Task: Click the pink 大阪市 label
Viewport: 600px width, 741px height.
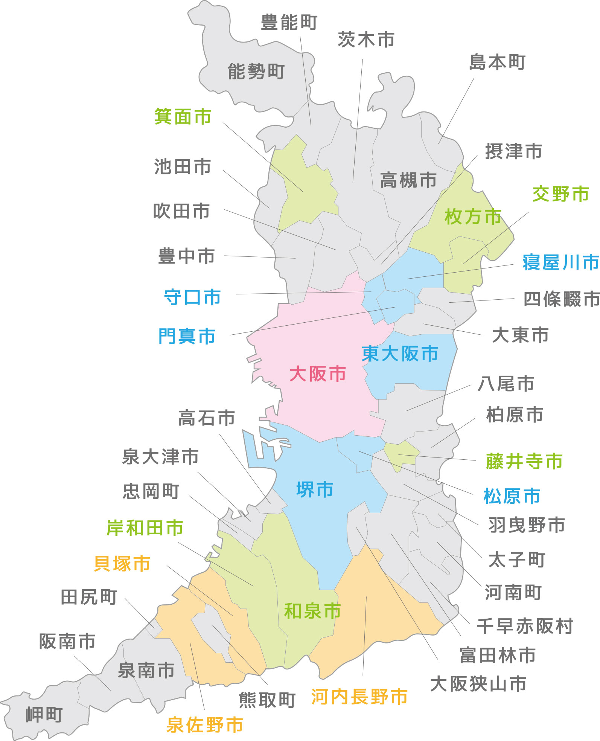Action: tap(317, 374)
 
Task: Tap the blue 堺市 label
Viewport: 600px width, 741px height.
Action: tap(315, 489)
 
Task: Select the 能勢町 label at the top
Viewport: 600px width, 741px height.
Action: tap(256, 72)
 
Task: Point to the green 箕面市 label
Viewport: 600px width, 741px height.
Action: tap(183, 117)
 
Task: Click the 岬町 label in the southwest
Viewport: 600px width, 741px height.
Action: tap(44, 714)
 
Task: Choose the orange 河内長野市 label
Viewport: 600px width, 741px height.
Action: tap(359, 697)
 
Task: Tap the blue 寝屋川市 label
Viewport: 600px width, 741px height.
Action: tap(560, 262)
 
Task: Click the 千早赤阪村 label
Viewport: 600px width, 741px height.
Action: tap(525, 626)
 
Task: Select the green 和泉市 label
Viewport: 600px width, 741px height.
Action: tap(312, 611)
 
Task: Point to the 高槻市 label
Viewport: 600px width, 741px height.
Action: tap(408, 180)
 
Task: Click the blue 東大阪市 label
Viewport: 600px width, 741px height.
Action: tap(400, 354)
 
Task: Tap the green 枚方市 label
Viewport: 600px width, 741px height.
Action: tap(473, 217)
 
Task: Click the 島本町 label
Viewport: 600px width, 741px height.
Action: tap(497, 62)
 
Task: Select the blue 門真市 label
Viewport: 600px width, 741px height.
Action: tap(187, 336)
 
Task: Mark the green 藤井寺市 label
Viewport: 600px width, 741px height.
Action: tap(524, 461)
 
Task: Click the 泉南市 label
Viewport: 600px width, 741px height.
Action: tap(146, 670)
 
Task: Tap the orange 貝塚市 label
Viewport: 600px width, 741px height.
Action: tap(122, 564)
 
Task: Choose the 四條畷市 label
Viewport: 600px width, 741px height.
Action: tap(562, 299)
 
